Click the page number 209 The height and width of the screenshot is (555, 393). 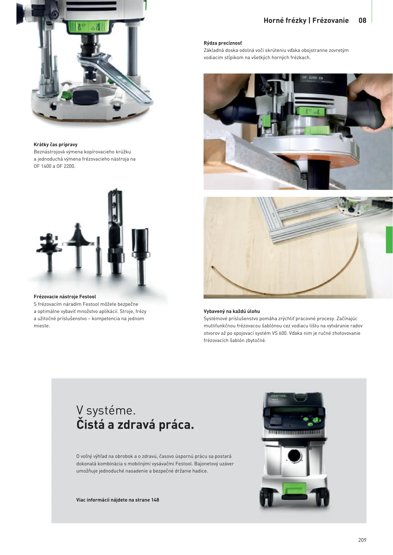point(362,540)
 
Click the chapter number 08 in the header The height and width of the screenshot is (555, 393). point(362,21)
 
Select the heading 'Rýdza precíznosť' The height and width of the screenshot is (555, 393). point(223,43)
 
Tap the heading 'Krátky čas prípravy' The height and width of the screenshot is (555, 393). point(56,145)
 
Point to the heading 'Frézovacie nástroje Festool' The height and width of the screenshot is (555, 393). point(65,297)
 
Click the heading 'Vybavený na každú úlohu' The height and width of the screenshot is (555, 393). point(232,311)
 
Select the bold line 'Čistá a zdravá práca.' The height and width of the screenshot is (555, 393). point(135,425)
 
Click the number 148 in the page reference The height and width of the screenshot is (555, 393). point(155,500)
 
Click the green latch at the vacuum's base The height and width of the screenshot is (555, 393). point(294,491)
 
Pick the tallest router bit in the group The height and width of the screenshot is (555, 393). point(115,231)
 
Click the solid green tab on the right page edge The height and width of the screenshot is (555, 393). point(389,240)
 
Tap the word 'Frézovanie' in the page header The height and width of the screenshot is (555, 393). point(331,21)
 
